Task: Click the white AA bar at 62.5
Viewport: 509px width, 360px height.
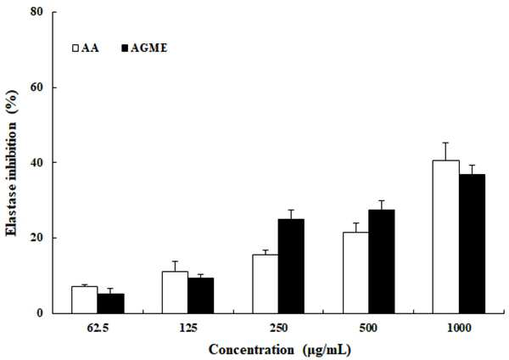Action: coord(85,300)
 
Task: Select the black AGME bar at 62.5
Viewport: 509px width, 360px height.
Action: coord(110,303)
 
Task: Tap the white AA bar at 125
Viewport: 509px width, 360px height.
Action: coord(175,292)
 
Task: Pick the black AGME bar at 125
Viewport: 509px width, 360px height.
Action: coord(201,295)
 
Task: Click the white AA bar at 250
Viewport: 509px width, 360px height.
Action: coord(266,284)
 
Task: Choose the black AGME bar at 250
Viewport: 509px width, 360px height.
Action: coord(291,266)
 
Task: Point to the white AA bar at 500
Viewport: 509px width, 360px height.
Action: coord(355,273)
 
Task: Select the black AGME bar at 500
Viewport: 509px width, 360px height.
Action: coord(382,262)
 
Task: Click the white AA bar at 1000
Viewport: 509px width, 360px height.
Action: coord(446,237)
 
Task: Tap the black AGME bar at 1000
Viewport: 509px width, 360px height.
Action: coord(472,244)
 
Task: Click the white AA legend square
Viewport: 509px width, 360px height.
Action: coord(76,48)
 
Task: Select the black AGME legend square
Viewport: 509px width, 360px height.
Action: coord(125,48)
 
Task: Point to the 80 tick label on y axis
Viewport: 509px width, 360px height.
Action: coord(36,12)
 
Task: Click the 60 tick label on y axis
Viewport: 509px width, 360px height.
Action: coord(36,87)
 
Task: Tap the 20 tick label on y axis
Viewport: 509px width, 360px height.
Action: coord(36,238)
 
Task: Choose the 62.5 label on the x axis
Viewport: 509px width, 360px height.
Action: coord(98,328)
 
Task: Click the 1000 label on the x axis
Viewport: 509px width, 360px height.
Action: coord(459,328)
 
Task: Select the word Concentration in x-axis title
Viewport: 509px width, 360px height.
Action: coord(251,350)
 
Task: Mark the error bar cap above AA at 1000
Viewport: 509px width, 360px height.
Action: coord(445,143)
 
